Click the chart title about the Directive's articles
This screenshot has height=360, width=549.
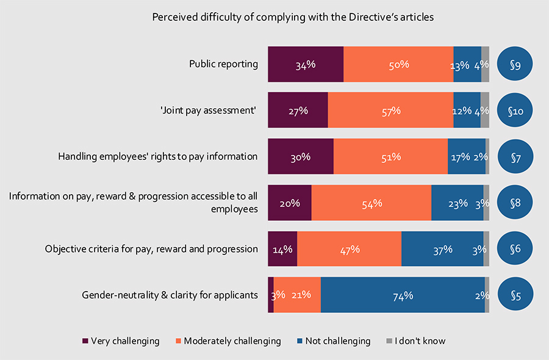(292, 17)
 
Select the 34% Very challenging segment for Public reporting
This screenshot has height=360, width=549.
(306, 64)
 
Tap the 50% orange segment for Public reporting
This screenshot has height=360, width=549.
(398, 64)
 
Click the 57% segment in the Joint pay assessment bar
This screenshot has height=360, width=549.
(390, 110)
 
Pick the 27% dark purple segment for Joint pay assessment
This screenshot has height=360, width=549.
(298, 110)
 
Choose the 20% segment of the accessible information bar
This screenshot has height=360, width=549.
(290, 203)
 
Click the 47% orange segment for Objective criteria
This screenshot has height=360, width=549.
(349, 249)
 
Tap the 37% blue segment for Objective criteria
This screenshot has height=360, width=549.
(442, 249)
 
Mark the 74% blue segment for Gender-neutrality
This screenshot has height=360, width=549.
(403, 295)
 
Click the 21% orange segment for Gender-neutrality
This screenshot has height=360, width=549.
(297, 295)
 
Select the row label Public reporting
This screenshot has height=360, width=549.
(223, 64)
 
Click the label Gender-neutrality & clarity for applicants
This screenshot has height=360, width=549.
(170, 295)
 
